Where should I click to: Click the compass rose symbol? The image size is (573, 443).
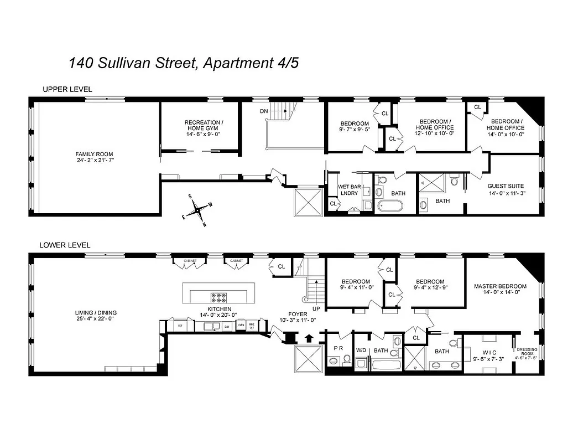pos(197,210)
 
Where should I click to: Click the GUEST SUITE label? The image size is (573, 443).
pos(505,189)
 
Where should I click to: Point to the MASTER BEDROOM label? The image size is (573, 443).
pos(500,290)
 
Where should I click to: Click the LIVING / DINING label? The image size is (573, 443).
pos(96,316)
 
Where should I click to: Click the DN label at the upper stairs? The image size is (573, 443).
pos(264,111)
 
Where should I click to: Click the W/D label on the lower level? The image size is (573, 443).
pos(361,350)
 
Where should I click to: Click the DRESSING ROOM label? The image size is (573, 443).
pos(527,353)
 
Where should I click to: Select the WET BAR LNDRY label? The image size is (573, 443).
pos(349,190)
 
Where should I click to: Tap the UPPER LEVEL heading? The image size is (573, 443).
pos(67,89)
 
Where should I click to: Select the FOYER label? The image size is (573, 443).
pos(298,314)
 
